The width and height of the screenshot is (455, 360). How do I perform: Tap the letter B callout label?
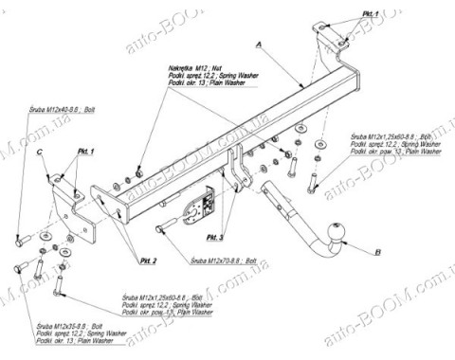(377, 252)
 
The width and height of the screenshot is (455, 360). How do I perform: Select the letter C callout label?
(41, 151)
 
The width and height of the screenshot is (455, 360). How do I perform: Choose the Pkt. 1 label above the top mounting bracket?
(369, 14)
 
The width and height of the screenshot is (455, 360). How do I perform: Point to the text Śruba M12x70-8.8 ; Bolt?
(224, 260)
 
